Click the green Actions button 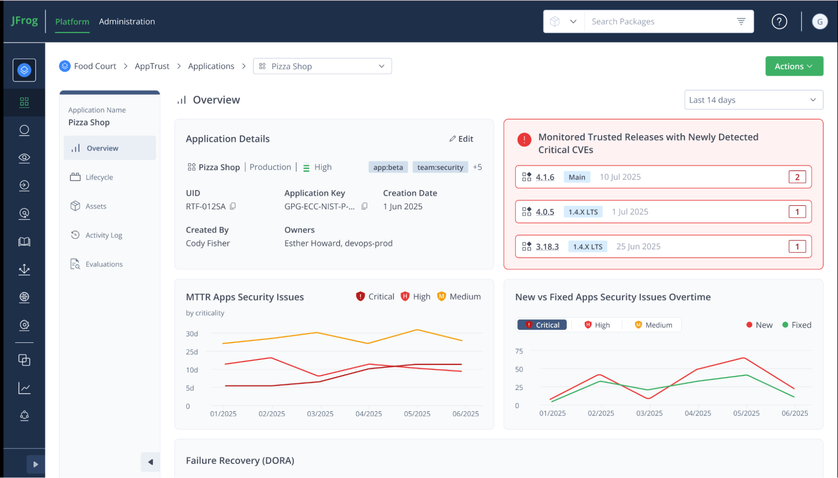(794, 66)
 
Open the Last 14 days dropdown (753, 100)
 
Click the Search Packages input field (662, 21)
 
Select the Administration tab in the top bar (127, 21)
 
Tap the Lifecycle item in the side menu (99, 177)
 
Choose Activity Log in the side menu (104, 235)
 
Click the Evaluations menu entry (104, 264)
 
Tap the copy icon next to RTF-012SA (233, 206)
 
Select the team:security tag (440, 167)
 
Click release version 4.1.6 (545, 177)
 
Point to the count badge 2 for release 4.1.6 (797, 177)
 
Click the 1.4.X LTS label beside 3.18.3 (587, 247)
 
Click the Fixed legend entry (796, 325)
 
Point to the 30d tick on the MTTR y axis (192, 334)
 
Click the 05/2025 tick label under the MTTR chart (417, 413)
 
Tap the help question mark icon (779, 21)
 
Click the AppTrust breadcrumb (152, 66)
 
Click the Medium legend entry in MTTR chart (459, 296)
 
